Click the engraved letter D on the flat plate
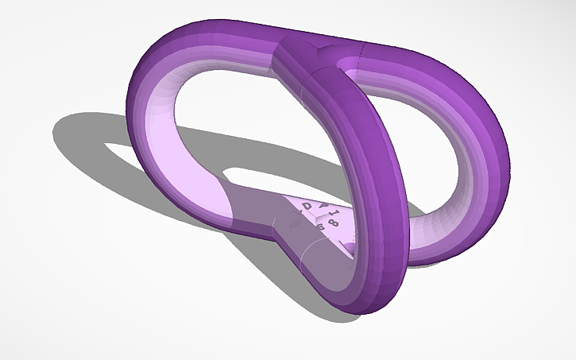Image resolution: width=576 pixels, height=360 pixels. coord(307,207)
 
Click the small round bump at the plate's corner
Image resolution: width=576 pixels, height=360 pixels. coord(350,250)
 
